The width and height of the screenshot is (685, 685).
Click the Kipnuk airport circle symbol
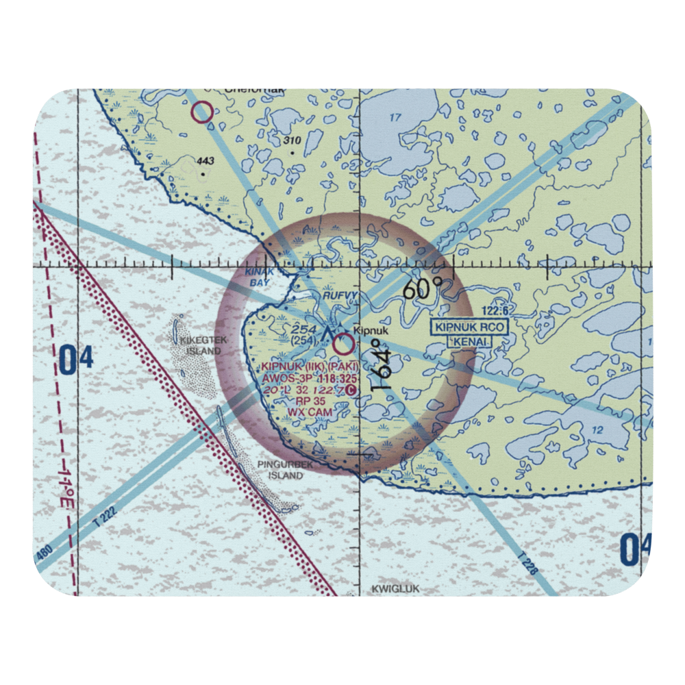point(343,345)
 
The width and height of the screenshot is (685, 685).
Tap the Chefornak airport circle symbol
point(202,112)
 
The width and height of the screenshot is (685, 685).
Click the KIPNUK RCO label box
point(470,327)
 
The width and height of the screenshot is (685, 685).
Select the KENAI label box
point(469,340)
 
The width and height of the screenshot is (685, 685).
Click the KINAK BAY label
point(259,277)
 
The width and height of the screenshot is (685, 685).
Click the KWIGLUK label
point(395,588)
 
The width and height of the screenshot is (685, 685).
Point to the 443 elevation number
point(205,162)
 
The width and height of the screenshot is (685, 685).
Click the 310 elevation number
point(292,140)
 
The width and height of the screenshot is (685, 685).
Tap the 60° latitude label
point(419,290)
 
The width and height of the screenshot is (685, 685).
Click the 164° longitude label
point(383,365)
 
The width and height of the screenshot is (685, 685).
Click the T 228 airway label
point(526,557)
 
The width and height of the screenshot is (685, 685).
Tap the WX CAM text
point(310,412)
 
